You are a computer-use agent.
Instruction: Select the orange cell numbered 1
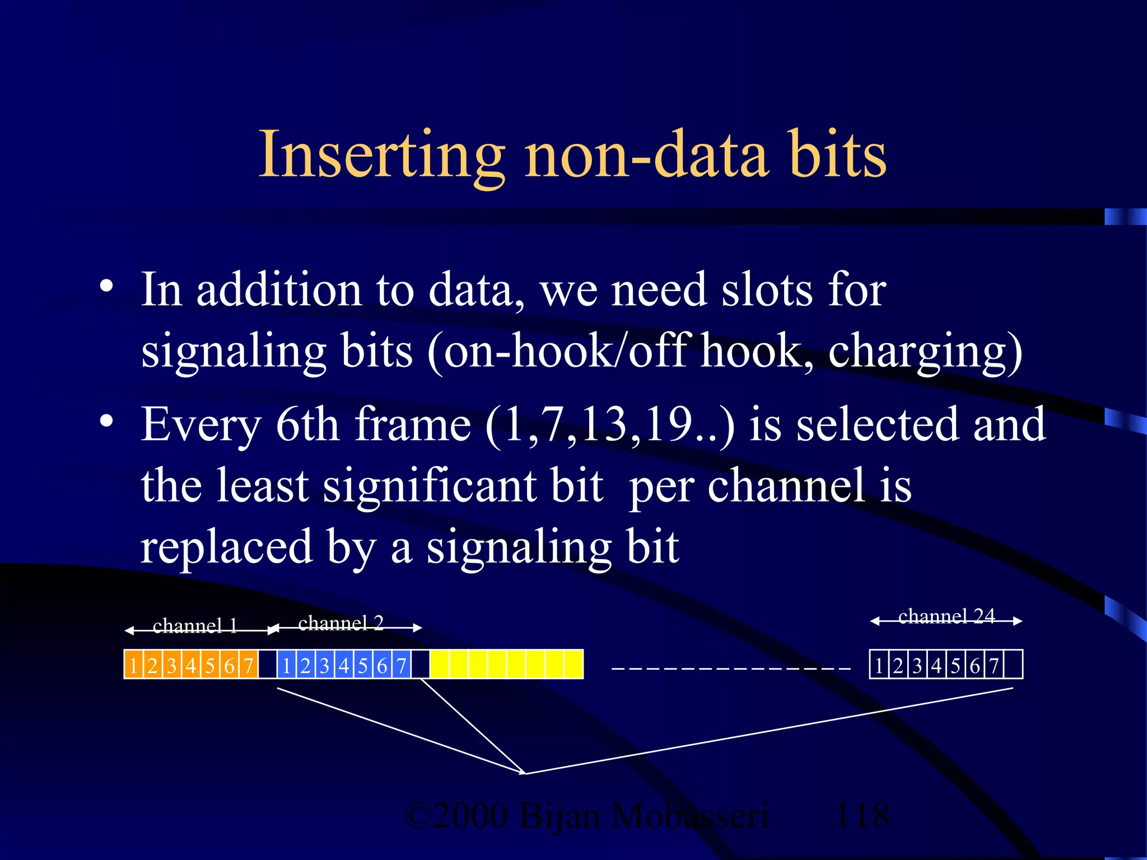click(x=133, y=665)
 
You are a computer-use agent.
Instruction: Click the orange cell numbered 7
click(x=248, y=665)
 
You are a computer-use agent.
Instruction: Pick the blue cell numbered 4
click(x=344, y=665)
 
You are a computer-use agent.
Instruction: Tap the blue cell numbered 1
click(x=286, y=665)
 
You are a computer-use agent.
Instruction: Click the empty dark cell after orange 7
click(x=267, y=665)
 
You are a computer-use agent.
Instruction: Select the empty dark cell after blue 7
click(x=420, y=665)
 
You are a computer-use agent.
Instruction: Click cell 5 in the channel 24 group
click(x=955, y=665)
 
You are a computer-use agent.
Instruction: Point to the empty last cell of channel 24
click(x=1013, y=665)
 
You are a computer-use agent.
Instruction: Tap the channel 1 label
click(x=195, y=625)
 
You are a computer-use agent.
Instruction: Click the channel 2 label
click(x=341, y=623)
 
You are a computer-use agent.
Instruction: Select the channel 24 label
click(x=946, y=616)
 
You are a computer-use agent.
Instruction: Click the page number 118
click(x=861, y=815)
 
